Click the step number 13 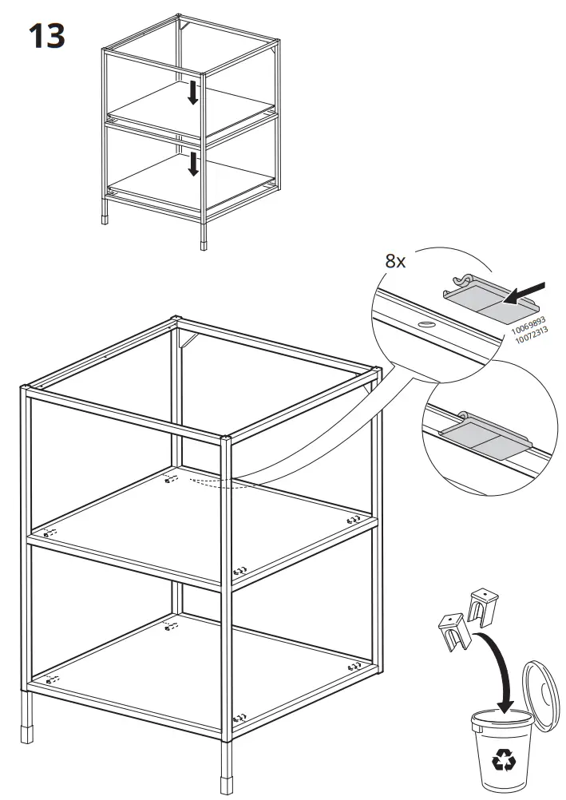click(47, 36)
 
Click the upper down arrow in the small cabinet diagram click(192, 92)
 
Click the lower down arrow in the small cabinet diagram click(192, 164)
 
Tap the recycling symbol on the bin click(504, 762)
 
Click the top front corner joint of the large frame click(227, 438)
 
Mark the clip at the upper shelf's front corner click(239, 571)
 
